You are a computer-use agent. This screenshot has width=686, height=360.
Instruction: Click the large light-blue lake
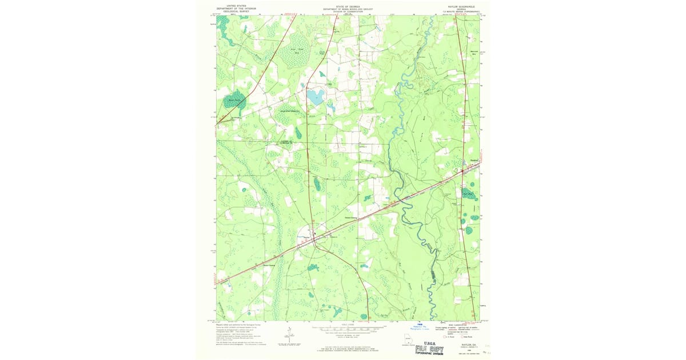pos(315,97)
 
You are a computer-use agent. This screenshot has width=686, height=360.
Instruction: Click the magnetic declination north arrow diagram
pos(289,335)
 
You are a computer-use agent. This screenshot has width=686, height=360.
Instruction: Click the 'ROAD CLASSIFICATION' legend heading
pos(452,325)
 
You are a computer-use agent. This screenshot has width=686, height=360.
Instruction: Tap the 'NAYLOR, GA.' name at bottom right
pos(461,345)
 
